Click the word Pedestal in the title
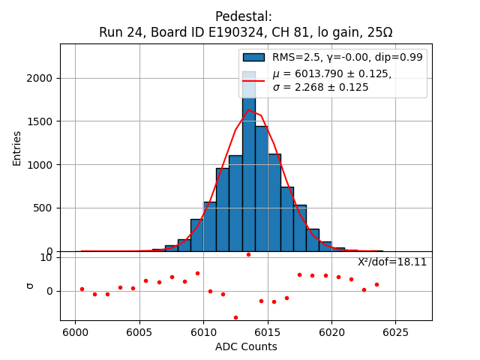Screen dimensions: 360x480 (x=243, y=16)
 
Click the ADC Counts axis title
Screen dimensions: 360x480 (x=246, y=346)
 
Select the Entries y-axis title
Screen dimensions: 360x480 (x=17, y=147)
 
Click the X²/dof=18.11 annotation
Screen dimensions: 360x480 (x=391, y=262)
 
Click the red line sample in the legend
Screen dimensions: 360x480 (x=253, y=80)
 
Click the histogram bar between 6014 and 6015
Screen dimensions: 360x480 (x=261, y=187)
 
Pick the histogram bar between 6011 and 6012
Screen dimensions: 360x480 (x=223, y=210)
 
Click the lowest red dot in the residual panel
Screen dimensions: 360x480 (x=235, y=317)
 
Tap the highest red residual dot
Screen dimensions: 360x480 (x=248, y=254)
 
